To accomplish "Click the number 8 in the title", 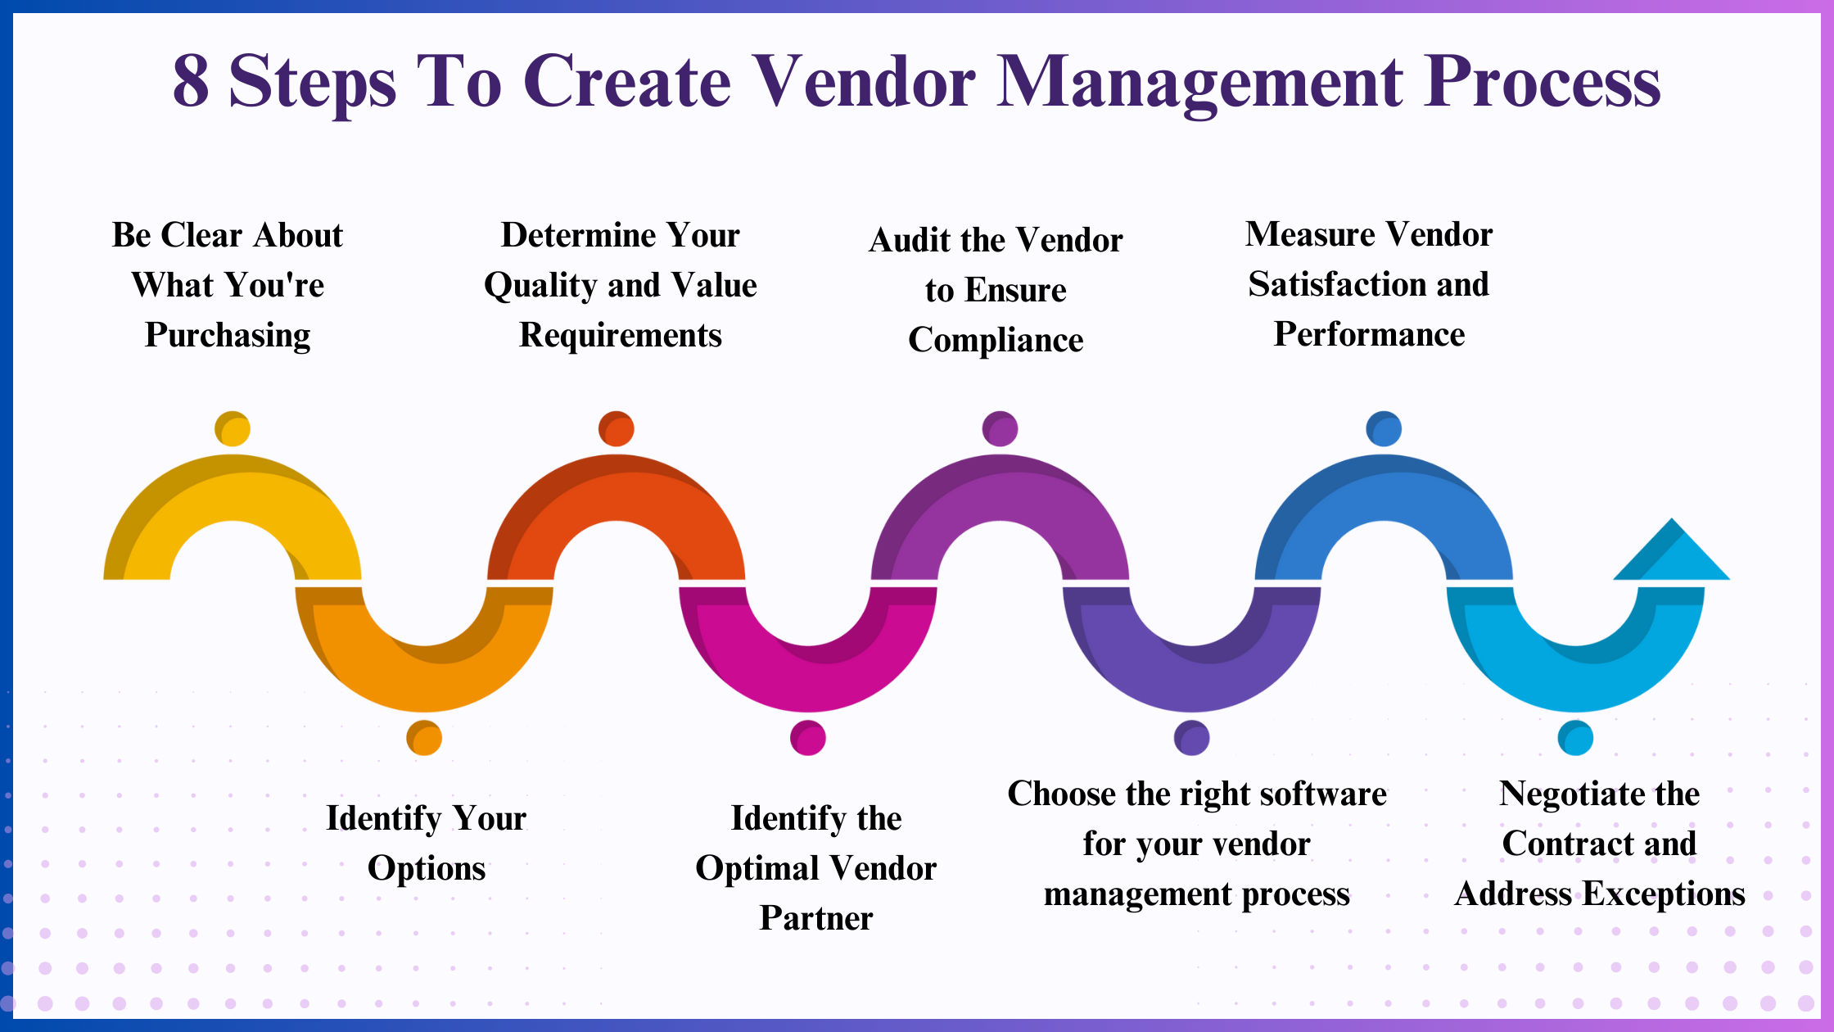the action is [191, 81].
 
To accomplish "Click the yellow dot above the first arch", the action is [233, 428].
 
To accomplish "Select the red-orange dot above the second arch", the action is [617, 428].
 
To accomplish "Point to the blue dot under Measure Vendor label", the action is [1384, 428].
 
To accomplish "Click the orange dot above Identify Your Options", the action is [424, 738].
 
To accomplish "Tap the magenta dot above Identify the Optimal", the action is [808, 738].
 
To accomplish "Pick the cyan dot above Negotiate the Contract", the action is [1575, 738].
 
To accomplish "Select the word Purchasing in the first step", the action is [228, 335].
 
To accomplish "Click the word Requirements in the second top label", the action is [621, 336].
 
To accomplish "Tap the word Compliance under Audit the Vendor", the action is [996, 340].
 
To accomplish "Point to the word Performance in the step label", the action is [1369, 334].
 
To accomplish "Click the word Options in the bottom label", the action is [427, 869].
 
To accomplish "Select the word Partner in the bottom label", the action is [816, 918].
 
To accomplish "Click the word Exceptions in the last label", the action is [1664, 894].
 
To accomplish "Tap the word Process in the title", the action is [1543, 81].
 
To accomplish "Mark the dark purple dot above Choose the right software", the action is [1191, 738].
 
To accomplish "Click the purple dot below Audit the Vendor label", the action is [1000, 428].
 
